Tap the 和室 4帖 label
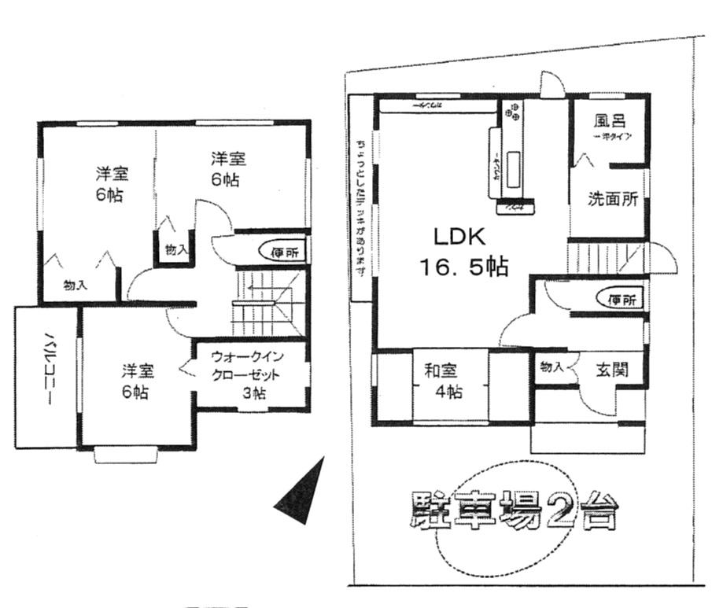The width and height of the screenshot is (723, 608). click(x=444, y=381)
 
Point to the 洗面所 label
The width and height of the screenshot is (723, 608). click(x=612, y=199)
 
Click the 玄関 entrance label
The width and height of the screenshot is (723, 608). click(x=610, y=369)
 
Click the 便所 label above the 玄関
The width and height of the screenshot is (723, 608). click(x=622, y=299)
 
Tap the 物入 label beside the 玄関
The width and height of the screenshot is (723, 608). click(x=551, y=367)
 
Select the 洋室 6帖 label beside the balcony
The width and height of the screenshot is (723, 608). click(x=137, y=381)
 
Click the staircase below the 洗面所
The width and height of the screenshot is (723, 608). click(x=605, y=258)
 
